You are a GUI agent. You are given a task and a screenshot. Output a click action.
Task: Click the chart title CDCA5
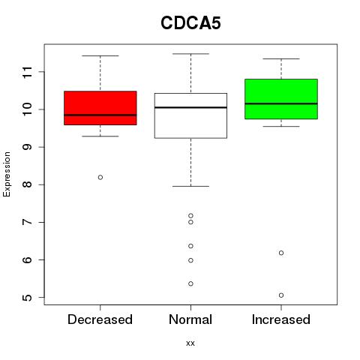click(190, 23)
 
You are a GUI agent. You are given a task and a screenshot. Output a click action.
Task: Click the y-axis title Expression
click(7, 174)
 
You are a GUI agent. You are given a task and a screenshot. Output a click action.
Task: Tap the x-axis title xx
click(190, 343)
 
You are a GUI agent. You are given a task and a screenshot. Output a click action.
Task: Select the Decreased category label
click(100, 319)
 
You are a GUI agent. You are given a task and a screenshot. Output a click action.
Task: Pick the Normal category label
click(190, 319)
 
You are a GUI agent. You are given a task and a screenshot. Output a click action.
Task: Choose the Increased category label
click(281, 319)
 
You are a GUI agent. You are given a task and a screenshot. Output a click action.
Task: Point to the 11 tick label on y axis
click(28, 72)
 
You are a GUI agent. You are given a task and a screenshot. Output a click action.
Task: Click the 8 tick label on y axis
click(28, 184)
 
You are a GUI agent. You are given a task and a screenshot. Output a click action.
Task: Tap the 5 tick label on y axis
click(28, 298)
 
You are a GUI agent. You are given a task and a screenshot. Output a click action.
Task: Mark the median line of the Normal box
click(190, 107)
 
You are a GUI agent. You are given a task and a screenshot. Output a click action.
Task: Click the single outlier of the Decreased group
click(100, 177)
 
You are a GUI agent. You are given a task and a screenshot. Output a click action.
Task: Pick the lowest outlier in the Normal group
click(190, 283)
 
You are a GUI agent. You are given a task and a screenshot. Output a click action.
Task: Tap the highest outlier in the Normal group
click(190, 215)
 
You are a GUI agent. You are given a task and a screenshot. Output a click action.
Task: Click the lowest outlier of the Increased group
click(281, 295)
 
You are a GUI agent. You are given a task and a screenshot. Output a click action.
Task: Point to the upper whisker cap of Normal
click(190, 54)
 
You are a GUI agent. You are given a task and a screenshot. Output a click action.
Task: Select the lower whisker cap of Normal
click(190, 186)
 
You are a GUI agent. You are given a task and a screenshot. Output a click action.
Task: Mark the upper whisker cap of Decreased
click(100, 55)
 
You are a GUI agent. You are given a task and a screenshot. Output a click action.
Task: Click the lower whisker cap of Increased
click(281, 126)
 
